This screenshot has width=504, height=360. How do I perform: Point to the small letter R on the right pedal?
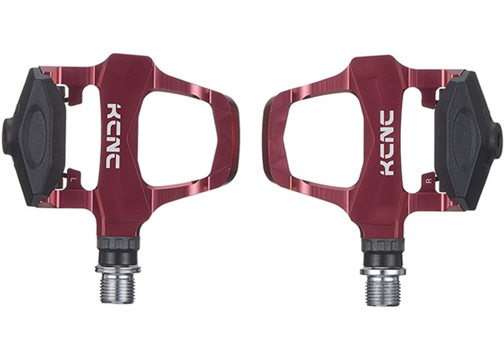pos(427,181)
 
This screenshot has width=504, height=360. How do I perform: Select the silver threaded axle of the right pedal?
pos(383,285)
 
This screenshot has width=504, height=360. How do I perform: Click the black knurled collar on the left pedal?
pos(118,243)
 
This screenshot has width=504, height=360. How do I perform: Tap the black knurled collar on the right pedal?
pos(383,245)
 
